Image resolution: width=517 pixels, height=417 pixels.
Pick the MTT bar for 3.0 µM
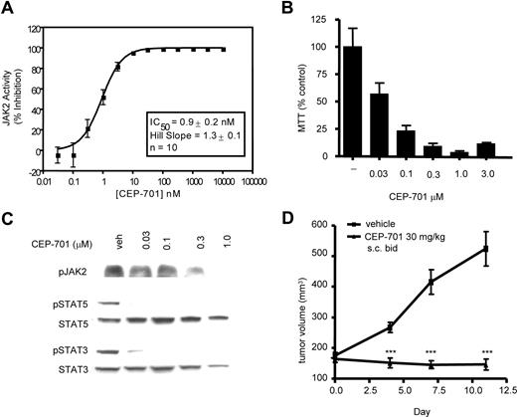(x=484, y=150)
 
